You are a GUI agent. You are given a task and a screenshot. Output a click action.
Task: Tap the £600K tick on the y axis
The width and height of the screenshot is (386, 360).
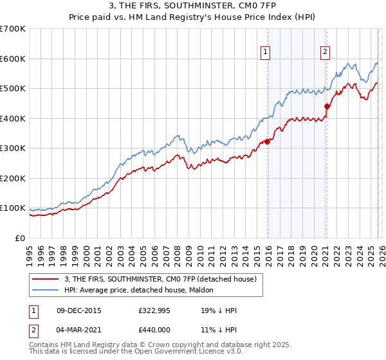12,59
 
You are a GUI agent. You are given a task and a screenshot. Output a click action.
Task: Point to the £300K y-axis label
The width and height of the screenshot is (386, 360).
12,148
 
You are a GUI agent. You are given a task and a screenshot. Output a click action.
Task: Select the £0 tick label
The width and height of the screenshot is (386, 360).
20,239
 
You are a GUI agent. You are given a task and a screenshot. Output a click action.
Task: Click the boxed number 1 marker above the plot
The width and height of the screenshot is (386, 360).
266,53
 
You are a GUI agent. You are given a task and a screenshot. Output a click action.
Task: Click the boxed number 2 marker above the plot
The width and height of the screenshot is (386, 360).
326,53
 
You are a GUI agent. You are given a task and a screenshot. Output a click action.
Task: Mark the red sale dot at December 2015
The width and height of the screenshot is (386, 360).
267,142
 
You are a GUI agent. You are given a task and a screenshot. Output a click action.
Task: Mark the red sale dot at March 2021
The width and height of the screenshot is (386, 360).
327,107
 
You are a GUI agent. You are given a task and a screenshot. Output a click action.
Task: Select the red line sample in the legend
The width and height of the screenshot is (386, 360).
46,279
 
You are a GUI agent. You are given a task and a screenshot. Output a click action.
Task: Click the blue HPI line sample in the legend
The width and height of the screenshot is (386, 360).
46,290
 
